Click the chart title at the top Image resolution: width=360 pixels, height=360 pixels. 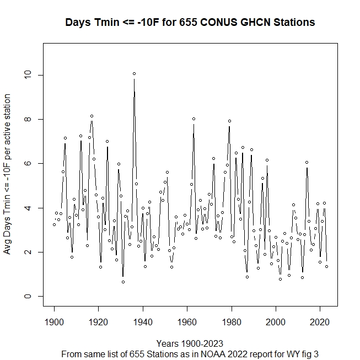[x=190, y=23]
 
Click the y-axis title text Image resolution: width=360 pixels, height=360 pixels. [x=8, y=174]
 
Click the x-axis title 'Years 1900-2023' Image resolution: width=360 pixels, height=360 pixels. [x=190, y=343]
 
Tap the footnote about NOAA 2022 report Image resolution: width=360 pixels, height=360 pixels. [x=190, y=353]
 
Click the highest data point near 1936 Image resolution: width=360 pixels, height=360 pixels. [x=134, y=73]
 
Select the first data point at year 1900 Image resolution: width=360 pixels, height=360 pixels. [x=54, y=224]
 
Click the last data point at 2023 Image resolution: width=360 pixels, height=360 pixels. [x=326, y=266]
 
